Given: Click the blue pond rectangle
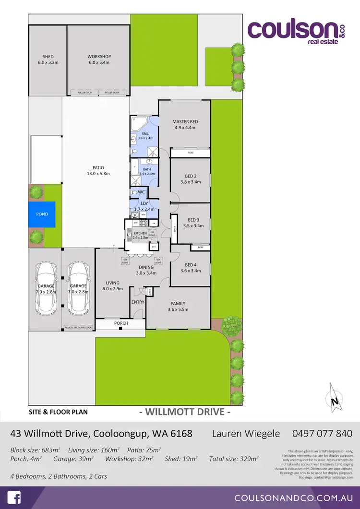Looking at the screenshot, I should pyautogui.click(x=42, y=214).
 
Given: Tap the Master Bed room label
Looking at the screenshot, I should pyautogui.click(x=185, y=125).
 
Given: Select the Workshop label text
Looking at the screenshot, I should pyautogui.click(x=99, y=59).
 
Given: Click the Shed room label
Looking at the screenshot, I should pyautogui.click(x=48, y=59).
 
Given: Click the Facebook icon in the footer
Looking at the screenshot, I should pyautogui.click(x=13, y=497).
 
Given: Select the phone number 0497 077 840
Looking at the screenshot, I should pyautogui.click(x=322, y=434).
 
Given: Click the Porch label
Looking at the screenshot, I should pyautogui.click(x=121, y=323).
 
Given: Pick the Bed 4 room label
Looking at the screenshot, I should pyautogui.click(x=191, y=268).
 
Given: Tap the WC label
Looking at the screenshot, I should pyautogui.click(x=141, y=192).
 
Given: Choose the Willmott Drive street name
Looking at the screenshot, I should pyautogui.click(x=185, y=412).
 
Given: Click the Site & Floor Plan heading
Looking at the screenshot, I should pyautogui.click(x=58, y=412).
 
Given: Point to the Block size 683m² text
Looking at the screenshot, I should pyautogui.click(x=35, y=450).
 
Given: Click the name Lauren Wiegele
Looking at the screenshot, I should pyautogui.click(x=246, y=434).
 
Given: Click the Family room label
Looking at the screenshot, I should pyautogui.click(x=178, y=307).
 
